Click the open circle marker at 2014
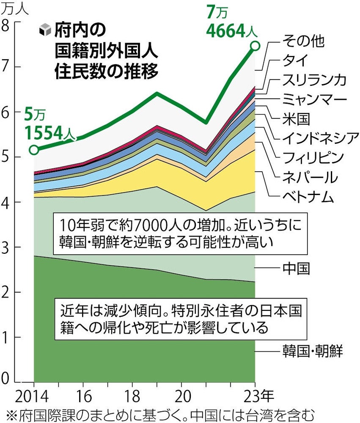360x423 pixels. pyautogui.click(x=34, y=149)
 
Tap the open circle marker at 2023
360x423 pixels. pyautogui.click(x=255, y=46)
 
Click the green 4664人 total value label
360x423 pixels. pyautogui.click(x=226, y=30)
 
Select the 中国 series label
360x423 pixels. pyautogui.click(x=296, y=269)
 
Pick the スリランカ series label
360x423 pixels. pyautogui.click(x=314, y=80)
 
